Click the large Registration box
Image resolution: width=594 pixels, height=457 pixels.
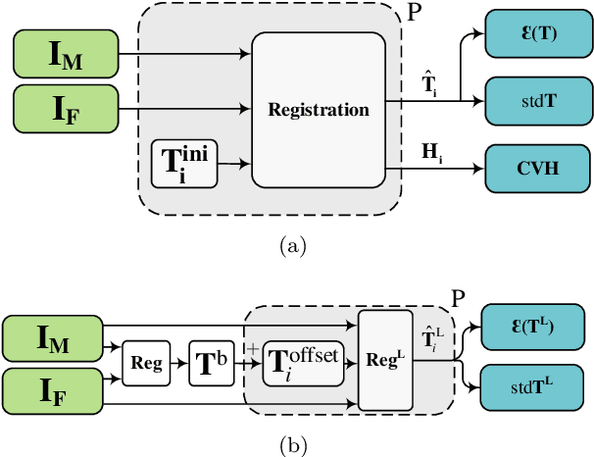pos(318,109)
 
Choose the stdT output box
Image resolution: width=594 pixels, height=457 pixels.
pos(531,100)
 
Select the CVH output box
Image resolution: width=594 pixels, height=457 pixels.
pos(531,168)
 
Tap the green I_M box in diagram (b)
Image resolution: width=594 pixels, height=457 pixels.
pos(53,339)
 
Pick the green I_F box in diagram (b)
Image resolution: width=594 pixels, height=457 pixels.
pos(53,395)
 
